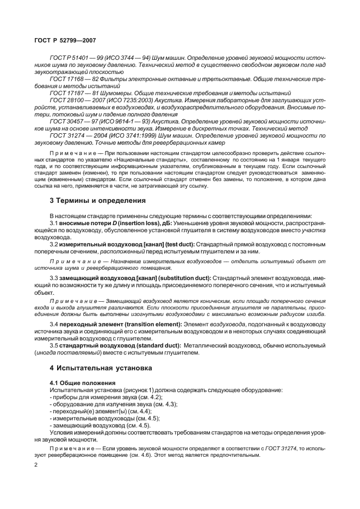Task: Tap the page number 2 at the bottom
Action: coord(35,465)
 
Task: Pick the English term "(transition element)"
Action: coord(151,324)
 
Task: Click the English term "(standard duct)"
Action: coord(147,345)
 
